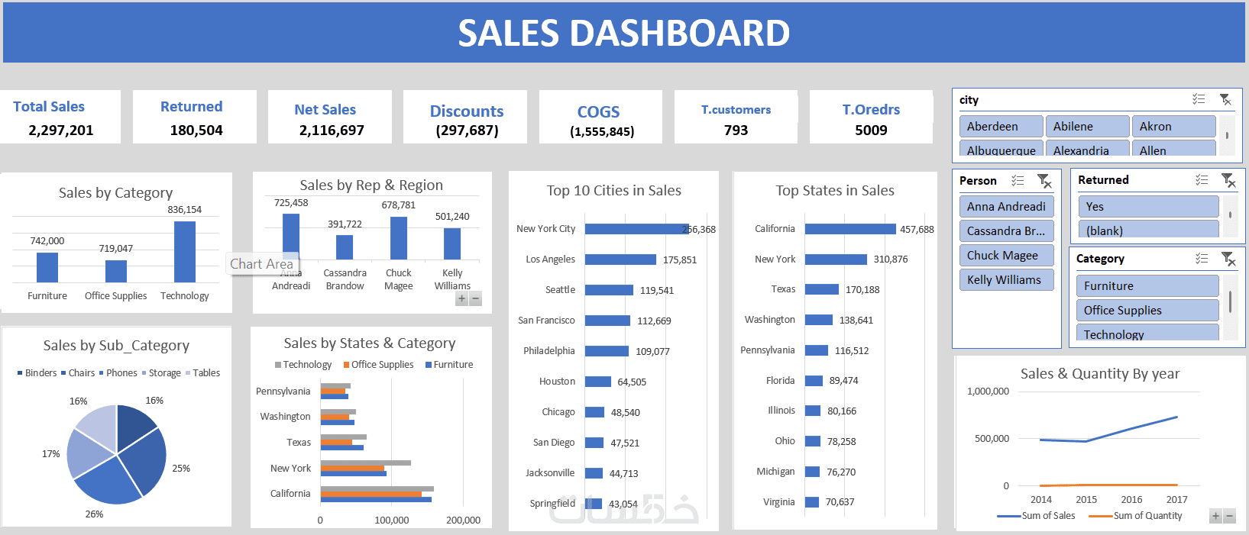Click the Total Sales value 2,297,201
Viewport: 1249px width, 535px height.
[x=61, y=131]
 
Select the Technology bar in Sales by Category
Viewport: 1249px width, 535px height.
[x=185, y=252]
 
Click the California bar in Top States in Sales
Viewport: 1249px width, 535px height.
[x=849, y=229]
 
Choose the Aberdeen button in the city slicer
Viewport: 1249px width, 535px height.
[x=1001, y=127]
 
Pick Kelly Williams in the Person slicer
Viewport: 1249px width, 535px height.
[x=1005, y=280]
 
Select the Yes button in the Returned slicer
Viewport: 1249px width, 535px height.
[x=1147, y=207]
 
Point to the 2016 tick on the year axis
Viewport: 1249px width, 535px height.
[x=1131, y=500]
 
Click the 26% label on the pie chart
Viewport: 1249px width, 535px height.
[x=94, y=514]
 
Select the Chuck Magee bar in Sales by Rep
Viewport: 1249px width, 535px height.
[x=399, y=238]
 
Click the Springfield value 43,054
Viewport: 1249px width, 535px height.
[x=623, y=504]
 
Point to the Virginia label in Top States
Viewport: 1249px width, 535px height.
[x=778, y=502]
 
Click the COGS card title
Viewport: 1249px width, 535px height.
[x=598, y=112]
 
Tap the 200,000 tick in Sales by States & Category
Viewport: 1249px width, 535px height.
[x=463, y=520]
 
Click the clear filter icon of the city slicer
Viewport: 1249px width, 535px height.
[x=1225, y=100]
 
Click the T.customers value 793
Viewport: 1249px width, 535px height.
[x=736, y=131]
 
